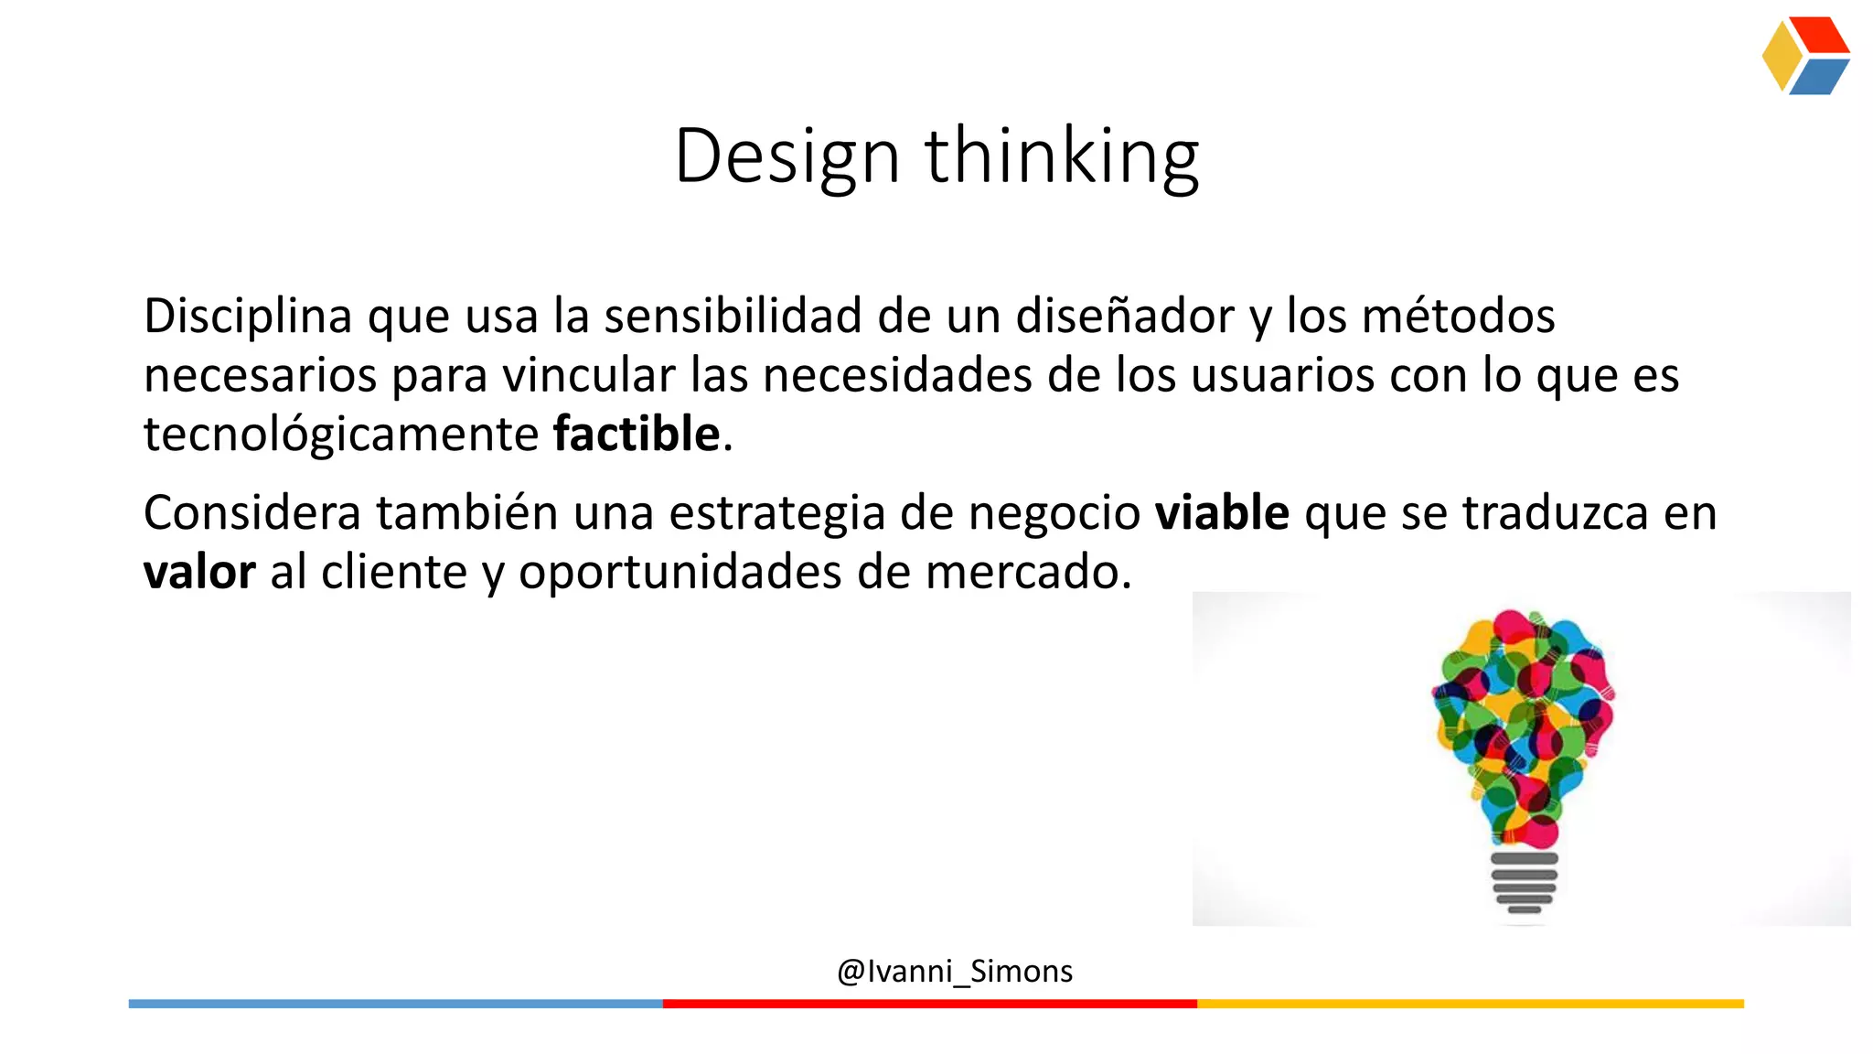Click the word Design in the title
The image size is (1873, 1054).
point(787,157)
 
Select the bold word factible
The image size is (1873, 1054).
point(637,434)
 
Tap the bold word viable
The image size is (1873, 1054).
point(1222,512)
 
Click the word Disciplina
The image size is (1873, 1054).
point(248,316)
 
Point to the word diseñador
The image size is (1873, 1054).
point(1125,316)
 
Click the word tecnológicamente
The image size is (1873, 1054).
point(341,436)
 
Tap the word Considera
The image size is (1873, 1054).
point(252,512)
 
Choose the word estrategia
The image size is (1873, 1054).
point(777,514)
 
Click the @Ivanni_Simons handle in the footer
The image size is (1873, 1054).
point(955,971)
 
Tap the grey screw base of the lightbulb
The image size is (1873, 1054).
point(1524,882)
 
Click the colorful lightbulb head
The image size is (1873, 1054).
point(1523,723)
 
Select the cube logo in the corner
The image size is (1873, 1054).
point(1805,56)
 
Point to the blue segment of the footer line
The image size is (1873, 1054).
point(395,1004)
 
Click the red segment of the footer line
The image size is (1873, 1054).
point(929,1004)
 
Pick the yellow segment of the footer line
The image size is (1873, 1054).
point(1470,1004)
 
